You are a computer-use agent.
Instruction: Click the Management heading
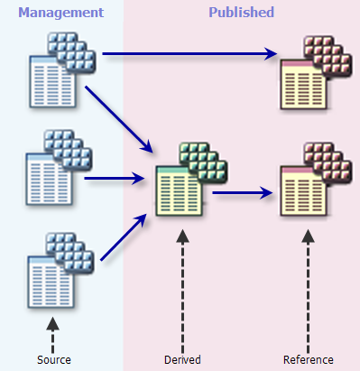click(x=60, y=13)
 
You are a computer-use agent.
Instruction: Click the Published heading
click(x=241, y=13)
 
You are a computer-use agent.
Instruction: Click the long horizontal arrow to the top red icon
click(x=189, y=54)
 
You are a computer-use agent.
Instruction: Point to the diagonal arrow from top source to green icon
click(x=118, y=118)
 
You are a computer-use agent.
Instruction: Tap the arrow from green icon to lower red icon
click(x=244, y=191)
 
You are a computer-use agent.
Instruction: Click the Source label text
click(x=53, y=359)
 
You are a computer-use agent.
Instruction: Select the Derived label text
click(x=182, y=359)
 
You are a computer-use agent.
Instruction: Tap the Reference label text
click(x=309, y=359)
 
